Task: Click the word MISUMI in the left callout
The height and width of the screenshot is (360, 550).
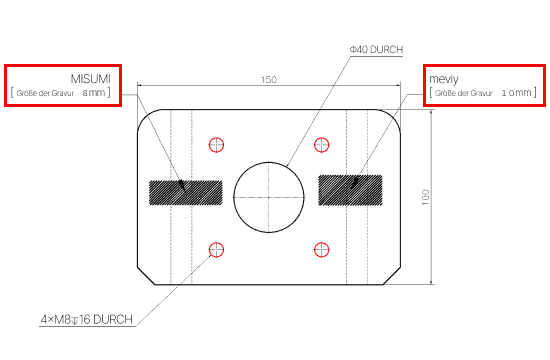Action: click(90, 79)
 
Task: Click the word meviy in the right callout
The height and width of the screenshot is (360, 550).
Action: click(444, 79)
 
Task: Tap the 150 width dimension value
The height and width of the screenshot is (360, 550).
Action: click(269, 80)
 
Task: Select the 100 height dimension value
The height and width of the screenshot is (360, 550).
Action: click(425, 197)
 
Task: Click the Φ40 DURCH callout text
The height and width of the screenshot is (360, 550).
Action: click(376, 49)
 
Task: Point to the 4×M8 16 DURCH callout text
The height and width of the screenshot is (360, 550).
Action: click(87, 319)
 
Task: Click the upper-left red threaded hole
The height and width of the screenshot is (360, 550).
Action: click(216, 145)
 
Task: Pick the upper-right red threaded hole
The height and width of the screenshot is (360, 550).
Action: click(321, 145)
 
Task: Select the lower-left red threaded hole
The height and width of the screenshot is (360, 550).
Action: click(216, 250)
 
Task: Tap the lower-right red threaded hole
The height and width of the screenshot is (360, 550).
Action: click(321, 250)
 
